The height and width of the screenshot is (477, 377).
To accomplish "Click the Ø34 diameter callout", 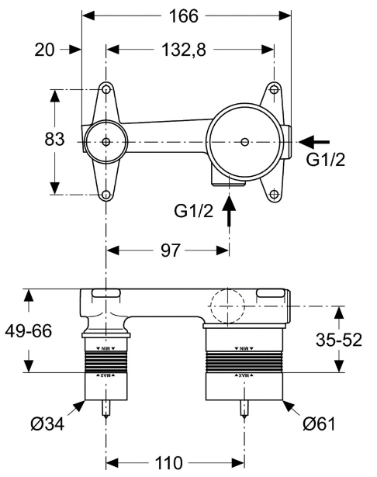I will pos(46,424).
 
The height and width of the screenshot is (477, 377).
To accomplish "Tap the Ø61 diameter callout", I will pos(319,424).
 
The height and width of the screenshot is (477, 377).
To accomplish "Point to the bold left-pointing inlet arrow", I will pos(315,141).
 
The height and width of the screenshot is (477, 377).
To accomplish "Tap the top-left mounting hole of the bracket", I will pos(105,90).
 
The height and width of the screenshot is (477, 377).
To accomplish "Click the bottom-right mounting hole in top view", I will pos(274,194).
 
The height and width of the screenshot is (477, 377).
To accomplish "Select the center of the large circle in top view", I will pos(245,142).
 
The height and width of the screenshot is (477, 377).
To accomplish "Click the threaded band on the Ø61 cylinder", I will pos(245,361).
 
